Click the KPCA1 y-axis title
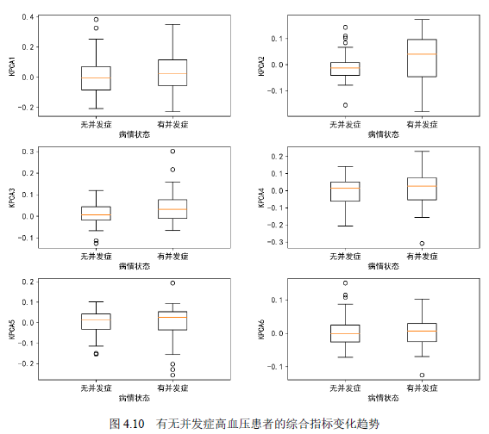[x=12, y=66]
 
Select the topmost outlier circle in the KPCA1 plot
[x=96, y=20]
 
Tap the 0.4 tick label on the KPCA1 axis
[x=28, y=17]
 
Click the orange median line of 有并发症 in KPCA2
[x=422, y=54]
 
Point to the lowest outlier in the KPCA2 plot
[x=345, y=105]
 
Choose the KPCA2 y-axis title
[x=261, y=66]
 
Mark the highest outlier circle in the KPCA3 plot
[x=172, y=152]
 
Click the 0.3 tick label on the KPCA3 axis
[x=28, y=152]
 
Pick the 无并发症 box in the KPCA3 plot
[x=96, y=214]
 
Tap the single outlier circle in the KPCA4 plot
[x=422, y=244]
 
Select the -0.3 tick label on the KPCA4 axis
[x=275, y=242]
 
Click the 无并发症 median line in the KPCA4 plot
[x=345, y=188]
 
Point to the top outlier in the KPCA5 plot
[x=172, y=283]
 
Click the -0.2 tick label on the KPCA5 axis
[x=26, y=363]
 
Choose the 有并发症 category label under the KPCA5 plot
[x=172, y=387]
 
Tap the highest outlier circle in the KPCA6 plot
[x=345, y=283]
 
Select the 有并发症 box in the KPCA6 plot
[x=422, y=332]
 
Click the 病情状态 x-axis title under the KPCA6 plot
[x=383, y=398]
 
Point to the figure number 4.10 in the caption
[x=134, y=424]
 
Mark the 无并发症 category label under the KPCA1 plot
[x=96, y=125]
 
